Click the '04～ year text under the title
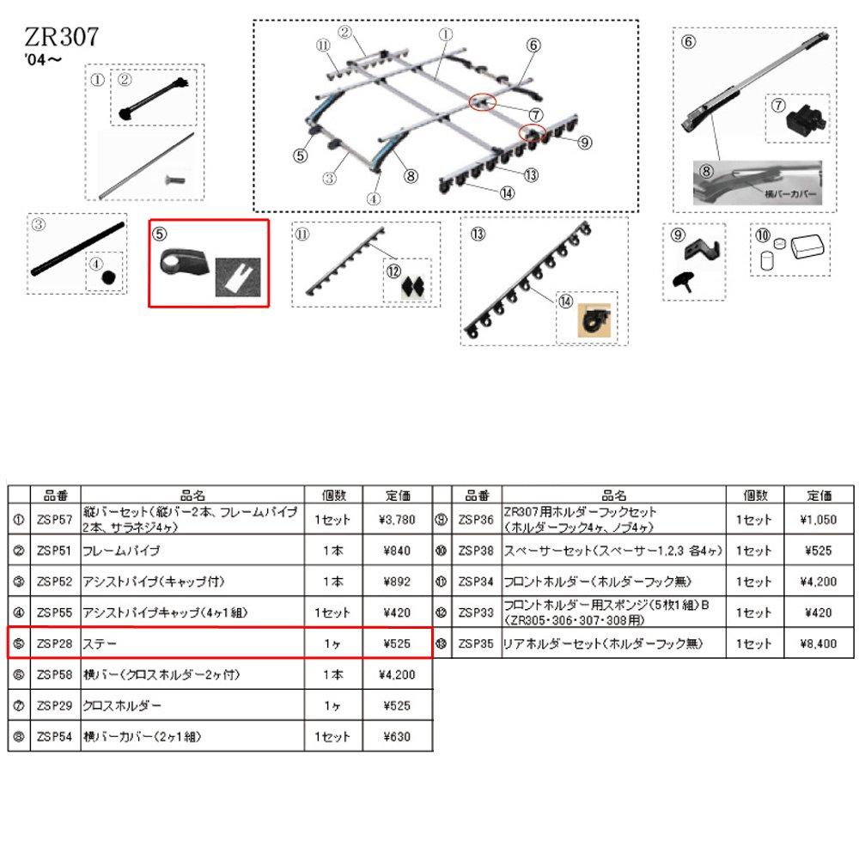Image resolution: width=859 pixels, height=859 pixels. tap(43, 59)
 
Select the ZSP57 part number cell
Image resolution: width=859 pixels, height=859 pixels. tap(55, 519)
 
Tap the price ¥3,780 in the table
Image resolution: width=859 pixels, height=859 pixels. tap(396, 519)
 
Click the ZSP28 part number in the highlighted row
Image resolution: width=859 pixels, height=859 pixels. tap(55, 643)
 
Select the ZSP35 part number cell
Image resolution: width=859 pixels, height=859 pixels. tap(477, 643)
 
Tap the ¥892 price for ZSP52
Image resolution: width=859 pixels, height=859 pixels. tap(396, 582)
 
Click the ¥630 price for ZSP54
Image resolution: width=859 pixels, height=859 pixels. tap(396, 736)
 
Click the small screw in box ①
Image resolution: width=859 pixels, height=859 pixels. tap(170, 180)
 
